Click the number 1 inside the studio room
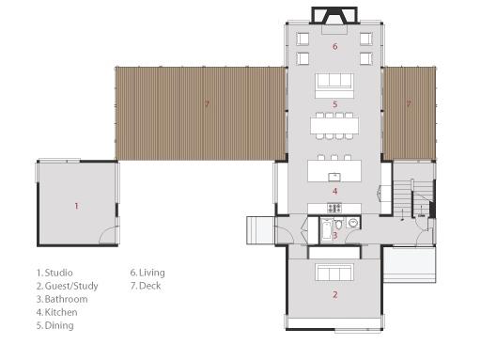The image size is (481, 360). click(x=76, y=206)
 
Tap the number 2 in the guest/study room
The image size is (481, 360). click(x=335, y=294)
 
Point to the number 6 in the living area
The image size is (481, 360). click(x=335, y=46)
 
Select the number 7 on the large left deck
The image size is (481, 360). click(x=207, y=103)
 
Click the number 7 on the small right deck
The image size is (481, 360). click(x=409, y=103)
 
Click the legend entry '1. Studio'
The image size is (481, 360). click(x=54, y=273)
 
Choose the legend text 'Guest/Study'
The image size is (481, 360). click(x=71, y=286)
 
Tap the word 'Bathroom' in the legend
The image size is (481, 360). click(x=66, y=299)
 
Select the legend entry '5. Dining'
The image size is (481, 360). click(x=55, y=325)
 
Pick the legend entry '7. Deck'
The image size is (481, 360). click(x=146, y=286)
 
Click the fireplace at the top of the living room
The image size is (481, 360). click(x=334, y=15)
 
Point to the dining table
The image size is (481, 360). click(x=334, y=125)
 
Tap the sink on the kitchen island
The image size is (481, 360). click(x=334, y=177)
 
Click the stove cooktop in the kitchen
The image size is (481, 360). click(x=334, y=208)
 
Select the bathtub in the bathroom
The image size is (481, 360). click(x=327, y=229)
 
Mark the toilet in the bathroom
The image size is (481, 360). click(x=339, y=224)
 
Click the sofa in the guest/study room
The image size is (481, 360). click(x=334, y=273)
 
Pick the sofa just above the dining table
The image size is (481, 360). click(x=334, y=86)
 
